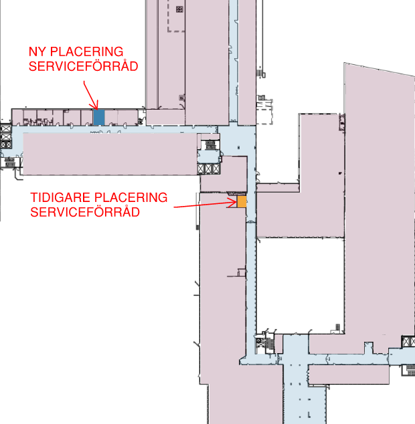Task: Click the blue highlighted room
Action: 99,117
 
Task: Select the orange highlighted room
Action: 242,202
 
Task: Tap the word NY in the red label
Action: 37,51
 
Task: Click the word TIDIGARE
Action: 60,197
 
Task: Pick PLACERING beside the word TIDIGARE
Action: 131,197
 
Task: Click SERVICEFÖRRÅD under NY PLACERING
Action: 84,66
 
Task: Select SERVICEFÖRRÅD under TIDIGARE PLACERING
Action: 85,212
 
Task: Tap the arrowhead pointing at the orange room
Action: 232,203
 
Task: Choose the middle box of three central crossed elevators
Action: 208,169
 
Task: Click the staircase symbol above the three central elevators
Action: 210,145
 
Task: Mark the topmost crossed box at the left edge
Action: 6,128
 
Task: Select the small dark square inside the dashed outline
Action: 179,9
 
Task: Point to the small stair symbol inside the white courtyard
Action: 337,327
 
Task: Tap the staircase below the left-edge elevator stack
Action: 9,163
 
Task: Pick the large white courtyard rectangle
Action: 301,286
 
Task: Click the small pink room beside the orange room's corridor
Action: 224,174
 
